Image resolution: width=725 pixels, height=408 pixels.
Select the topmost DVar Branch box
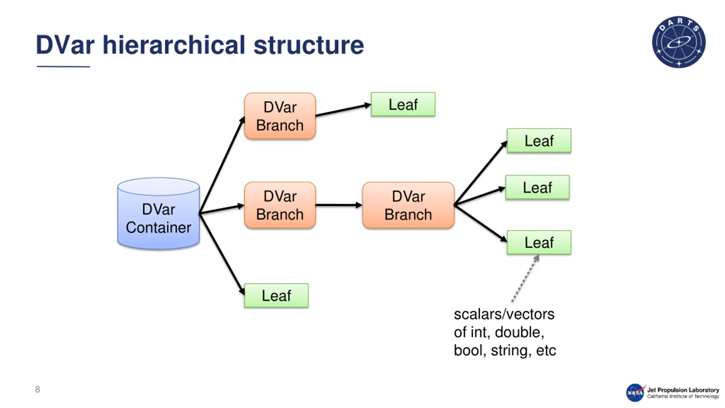(280, 116)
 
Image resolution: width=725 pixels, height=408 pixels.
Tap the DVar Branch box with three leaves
(408, 205)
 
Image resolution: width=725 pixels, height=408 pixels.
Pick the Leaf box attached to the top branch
(403, 104)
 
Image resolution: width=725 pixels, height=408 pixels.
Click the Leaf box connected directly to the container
(276, 295)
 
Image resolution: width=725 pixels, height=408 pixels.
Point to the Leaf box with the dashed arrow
(539, 242)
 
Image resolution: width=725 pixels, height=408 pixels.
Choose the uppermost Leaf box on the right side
(539, 141)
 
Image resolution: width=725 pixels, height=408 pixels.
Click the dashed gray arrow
(525, 278)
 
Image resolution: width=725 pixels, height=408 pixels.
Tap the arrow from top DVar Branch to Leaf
(343, 110)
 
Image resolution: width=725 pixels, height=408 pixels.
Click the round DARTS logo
(679, 42)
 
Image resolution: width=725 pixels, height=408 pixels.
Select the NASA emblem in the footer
(635, 392)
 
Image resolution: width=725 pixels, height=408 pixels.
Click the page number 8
(37, 389)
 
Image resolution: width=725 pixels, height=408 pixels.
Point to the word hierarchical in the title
(174, 45)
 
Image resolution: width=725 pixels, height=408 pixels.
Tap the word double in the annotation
(519, 332)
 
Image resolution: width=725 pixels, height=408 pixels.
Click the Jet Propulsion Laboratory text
(683, 390)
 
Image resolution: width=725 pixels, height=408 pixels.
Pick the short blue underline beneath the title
(63, 67)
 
